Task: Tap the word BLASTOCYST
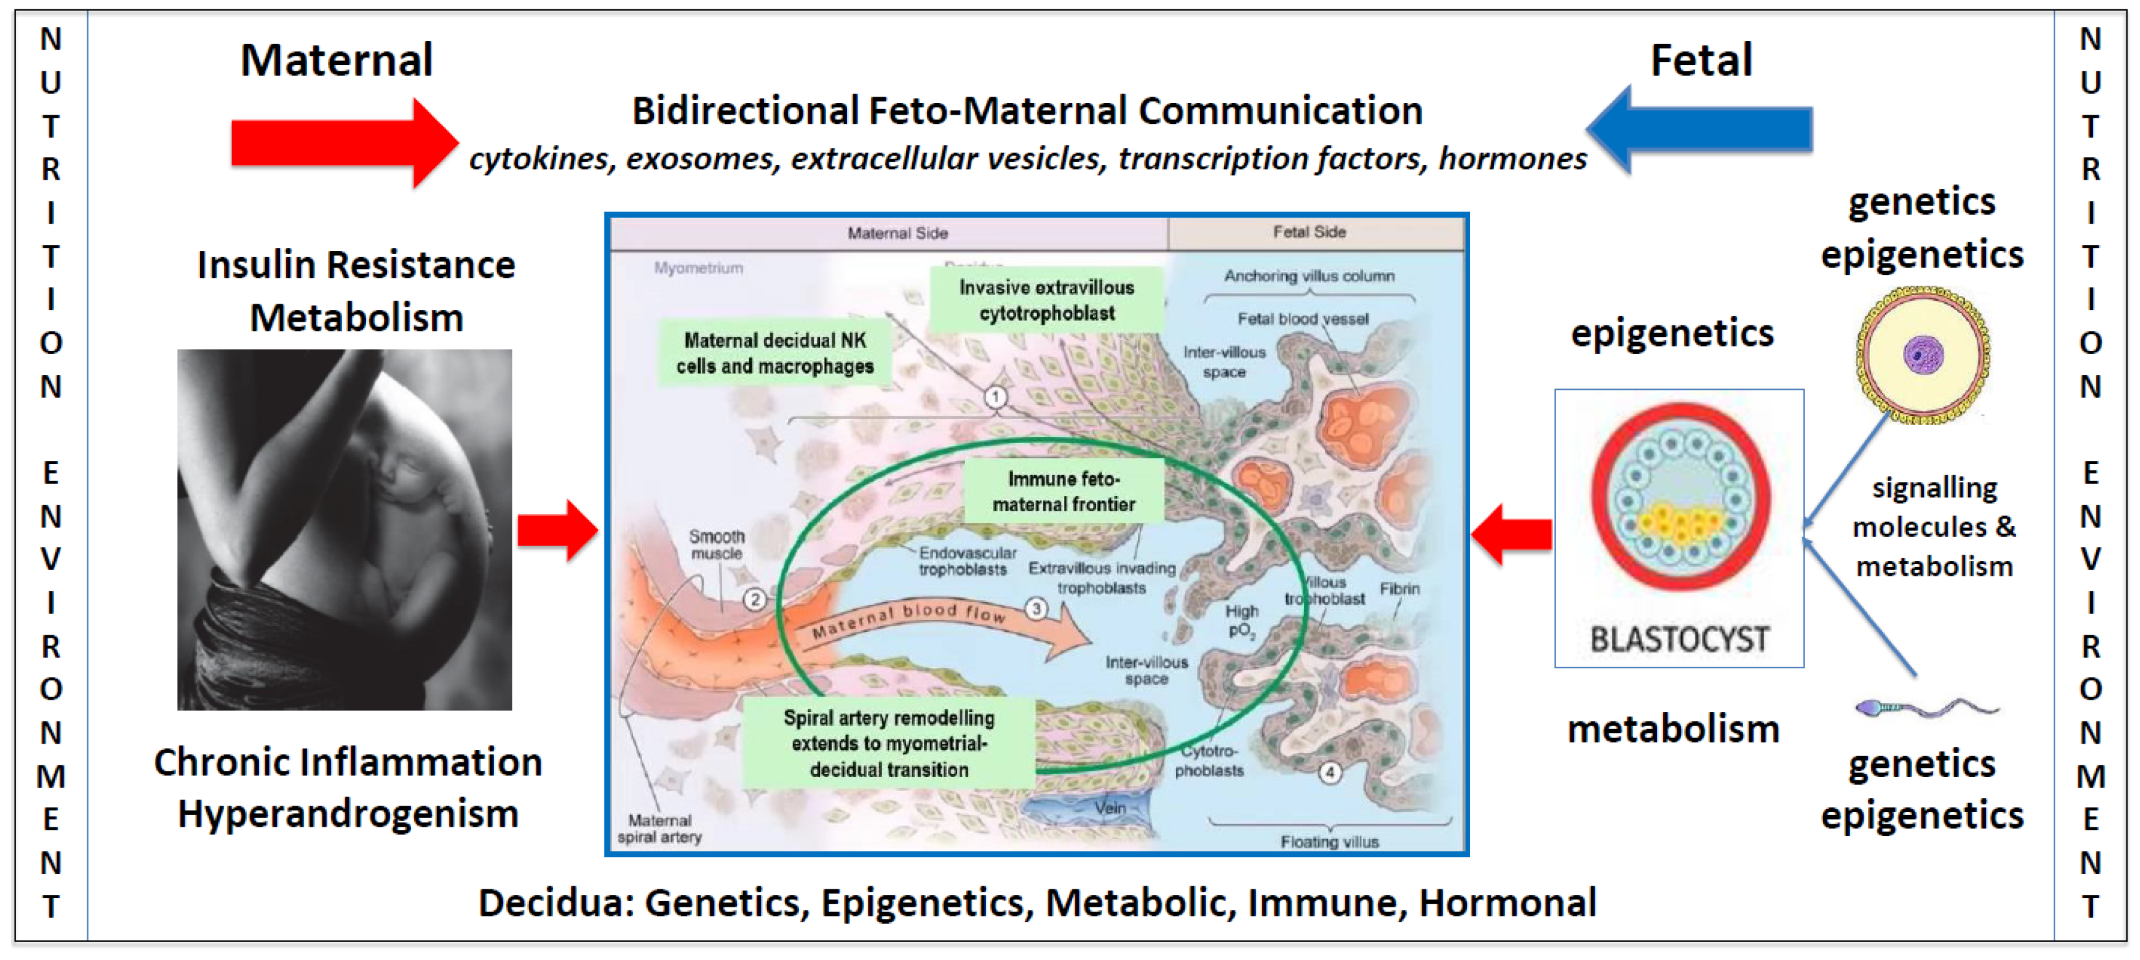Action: [x=1678, y=638]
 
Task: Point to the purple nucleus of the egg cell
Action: [x=1922, y=355]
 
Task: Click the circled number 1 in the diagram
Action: [x=995, y=397]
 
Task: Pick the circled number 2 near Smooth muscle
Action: [x=754, y=599]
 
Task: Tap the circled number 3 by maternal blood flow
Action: [x=1036, y=609]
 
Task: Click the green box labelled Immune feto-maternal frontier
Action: [x=1063, y=491]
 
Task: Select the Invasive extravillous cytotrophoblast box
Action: [x=1046, y=300]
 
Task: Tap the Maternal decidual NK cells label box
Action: [x=774, y=353]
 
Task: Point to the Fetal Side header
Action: [x=1309, y=232]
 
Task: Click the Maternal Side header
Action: [x=897, y=233]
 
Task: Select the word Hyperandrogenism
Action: [x=348, y=813]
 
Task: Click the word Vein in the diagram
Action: [x=1110, y=807]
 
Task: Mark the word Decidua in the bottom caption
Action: [x=555, y=902]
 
